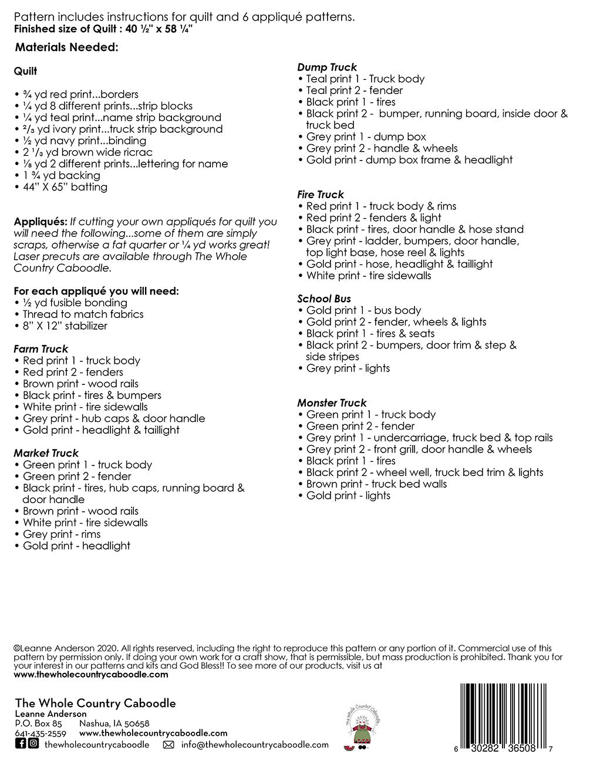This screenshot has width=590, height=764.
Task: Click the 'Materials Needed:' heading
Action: click(x=66, y=48)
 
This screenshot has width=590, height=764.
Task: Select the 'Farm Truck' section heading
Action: click(x=41, y=349)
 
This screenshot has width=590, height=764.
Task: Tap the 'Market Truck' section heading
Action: click(x=46, y=453)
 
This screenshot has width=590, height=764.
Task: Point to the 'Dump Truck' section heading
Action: click(x=327, y=68)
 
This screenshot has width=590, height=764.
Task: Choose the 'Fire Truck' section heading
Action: click(x=321, y=195)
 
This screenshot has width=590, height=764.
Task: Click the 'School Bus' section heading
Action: click(x=324, y=299)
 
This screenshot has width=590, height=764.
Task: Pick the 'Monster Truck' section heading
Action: click(x=332, y=403)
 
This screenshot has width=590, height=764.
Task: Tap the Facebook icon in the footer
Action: click(x=21, y=744)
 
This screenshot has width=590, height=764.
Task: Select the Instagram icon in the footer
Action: click(x=33, y=744)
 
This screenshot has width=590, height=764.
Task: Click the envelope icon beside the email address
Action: click(x=168, y=745)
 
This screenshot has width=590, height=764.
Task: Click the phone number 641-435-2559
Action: click(x=41, y=733)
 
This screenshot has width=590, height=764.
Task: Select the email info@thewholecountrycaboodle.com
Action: click(x=255, y=745)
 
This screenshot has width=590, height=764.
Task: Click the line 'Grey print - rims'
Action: click(x=62, y=534)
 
